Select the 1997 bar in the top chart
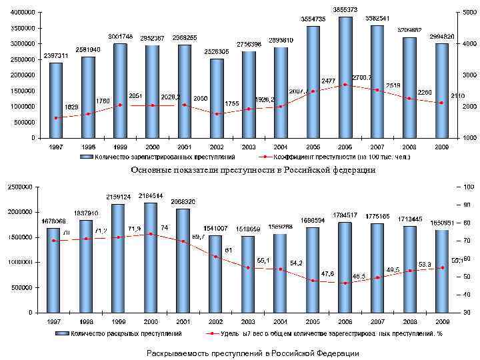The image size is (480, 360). pyautogui.click(x=56, y=100)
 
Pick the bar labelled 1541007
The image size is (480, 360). pyautogui.click(x=216, y=273)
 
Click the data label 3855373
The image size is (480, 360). pyautogui.click(x=345, y=9)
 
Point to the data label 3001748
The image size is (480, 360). pyautogui.click(x=120, y=36)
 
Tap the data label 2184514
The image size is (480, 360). pyautogui.click(x=150, y=196)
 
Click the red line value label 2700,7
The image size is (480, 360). pyautogui.click(x=362, y=77)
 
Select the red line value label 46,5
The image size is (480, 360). pyautogui.click(x=359, y=275)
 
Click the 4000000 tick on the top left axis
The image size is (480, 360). pyautogui.click(x=23, y=12)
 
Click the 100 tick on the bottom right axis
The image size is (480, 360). pyautogui.click(x=469, y=187)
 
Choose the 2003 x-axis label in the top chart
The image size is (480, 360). pyautogui.click(x=249, y=146)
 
